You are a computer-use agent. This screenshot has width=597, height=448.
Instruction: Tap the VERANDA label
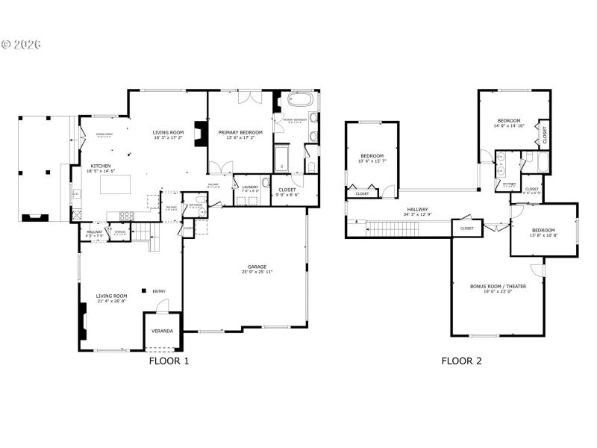162,331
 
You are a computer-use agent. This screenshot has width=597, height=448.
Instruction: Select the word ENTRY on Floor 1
159,291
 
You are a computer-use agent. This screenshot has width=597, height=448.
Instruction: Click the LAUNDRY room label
250,187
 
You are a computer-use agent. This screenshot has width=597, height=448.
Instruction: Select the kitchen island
117,185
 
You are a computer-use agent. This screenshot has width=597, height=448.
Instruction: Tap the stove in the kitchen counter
126,217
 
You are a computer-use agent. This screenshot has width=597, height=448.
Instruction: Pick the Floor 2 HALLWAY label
417,210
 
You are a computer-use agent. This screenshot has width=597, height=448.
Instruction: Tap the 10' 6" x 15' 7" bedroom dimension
372,161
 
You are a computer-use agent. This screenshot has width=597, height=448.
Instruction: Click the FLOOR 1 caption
169,361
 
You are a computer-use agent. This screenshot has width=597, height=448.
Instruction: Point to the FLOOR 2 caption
461,361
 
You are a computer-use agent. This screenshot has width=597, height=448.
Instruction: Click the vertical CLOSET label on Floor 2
545,135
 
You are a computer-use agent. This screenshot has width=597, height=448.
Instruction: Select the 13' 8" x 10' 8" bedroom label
544,232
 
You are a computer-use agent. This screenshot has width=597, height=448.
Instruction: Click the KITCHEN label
101,166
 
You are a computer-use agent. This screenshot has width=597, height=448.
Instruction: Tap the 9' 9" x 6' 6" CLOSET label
287,192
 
